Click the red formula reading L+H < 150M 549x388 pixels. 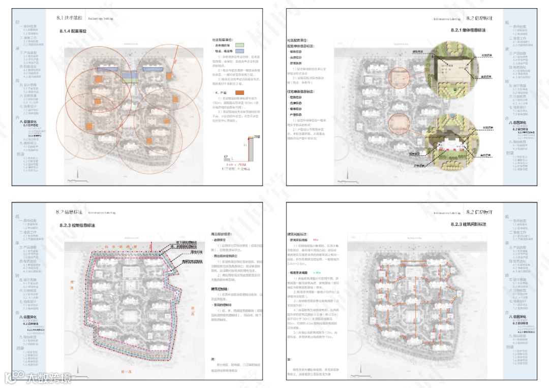click(235, 165)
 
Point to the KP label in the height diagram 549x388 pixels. click(225, 157)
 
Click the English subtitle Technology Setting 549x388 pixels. click(100, 18)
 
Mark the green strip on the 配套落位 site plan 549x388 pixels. click(131, 79)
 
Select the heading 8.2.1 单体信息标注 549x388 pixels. click(468, 30)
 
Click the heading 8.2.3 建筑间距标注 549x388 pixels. click(468, 224)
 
